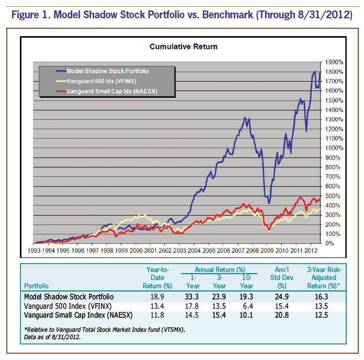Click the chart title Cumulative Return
point(183,47)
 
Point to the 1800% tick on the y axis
point(334,62)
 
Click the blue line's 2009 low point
point(269,203)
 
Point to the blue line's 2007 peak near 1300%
point(244,118)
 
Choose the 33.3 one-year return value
point(193,297)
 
